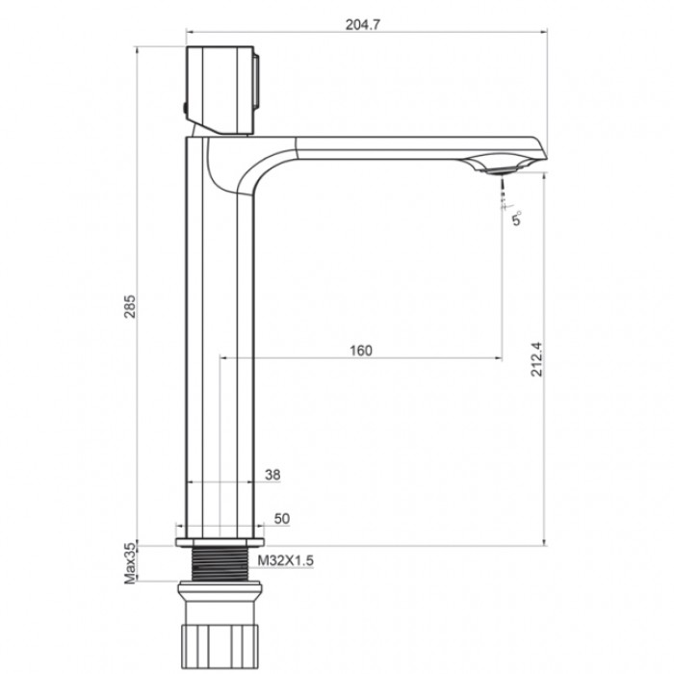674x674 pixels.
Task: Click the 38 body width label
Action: (x=272, y=474)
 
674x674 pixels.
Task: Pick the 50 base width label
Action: (x=282, y=519)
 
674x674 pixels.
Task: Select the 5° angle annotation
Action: (x=517, y=220)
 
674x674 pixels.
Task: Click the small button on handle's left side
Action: (x=184, y=106)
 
